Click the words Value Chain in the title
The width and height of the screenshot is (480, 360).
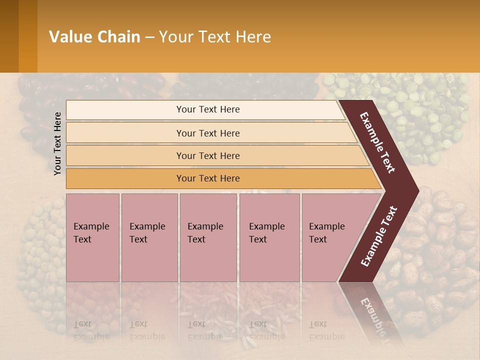pyautogui.click(x=94, y=37)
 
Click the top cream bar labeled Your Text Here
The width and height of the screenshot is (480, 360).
pyautogui.click(x=207, y=109)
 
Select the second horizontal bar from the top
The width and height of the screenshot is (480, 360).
pyautogui.click(x=207, y=133)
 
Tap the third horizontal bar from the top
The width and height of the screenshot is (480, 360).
pyautogui.click(x=207, y=155)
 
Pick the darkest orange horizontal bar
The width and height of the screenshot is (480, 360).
pyautogui.click(x=207, y=178)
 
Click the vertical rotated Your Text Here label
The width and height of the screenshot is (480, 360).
pyautogui.click(x=57, y=143)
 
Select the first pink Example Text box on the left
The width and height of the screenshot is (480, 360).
pyautogui.click(x=92, y=237)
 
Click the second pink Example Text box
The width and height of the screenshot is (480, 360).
pyautogui.click(x=149, y=237)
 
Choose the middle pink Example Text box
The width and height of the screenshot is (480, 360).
pyautogui.click(x=208, y=237)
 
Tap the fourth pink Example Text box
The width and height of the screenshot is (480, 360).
pyautogui.click(x=269, y=237)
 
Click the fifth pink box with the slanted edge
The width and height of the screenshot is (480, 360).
pyautogui.click(x=330, y=237)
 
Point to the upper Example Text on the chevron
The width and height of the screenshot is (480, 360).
pyautogui.click(x=377, y=142)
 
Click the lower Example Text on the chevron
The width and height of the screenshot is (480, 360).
pyautogui.click(x=379, y=236)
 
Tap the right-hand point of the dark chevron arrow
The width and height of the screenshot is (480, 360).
pyautogui.click(x=417, y=190)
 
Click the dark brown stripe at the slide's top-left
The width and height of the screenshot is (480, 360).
pyautogui.click(x=9, y=36)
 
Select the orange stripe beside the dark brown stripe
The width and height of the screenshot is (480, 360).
pyautogui.click(x=28, y=36)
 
